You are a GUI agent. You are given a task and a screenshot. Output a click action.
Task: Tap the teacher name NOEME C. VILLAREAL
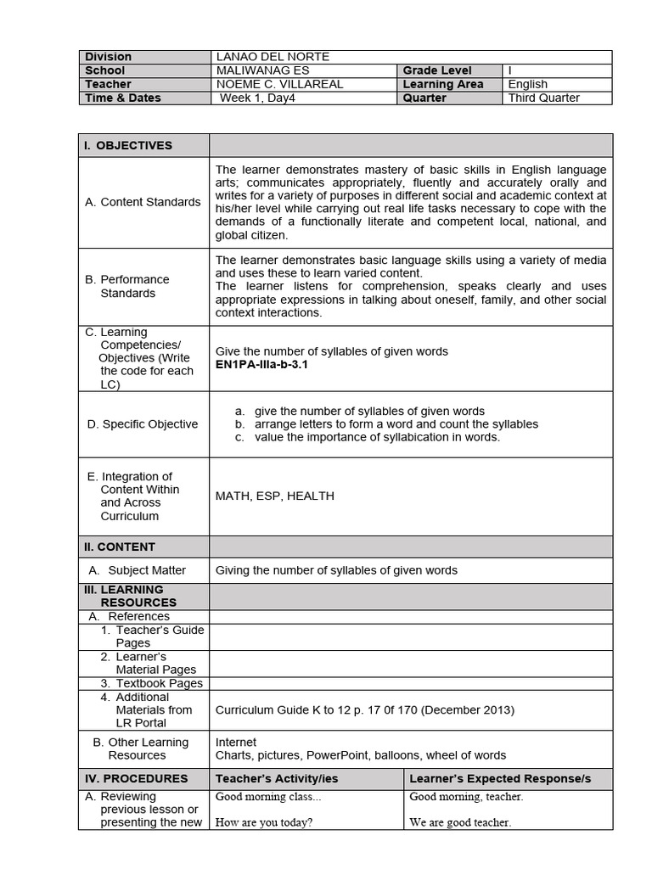[x=276, y=84]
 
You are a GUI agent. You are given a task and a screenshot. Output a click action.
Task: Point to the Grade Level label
[x=437, y=70]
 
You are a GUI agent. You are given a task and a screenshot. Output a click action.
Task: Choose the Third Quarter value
[x=543, y=98]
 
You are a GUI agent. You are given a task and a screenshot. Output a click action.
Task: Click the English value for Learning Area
[x=527, y=84]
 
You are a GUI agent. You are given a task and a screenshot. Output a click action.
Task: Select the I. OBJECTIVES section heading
[x=128, y=145]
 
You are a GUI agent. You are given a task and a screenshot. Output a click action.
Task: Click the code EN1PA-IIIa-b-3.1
[x=261, y=365]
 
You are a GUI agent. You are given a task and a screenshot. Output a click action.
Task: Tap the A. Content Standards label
[x=143, y=202]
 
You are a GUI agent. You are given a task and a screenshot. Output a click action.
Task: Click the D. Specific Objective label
[x=143, y=424]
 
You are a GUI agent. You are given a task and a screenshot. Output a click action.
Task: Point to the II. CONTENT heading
[x=120, y=547]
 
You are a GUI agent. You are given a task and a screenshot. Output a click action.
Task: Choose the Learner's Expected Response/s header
[x=500, y=778]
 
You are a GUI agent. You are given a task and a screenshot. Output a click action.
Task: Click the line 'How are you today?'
[x=264, y=822]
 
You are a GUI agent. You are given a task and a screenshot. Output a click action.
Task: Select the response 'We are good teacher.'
[x=460, y=822]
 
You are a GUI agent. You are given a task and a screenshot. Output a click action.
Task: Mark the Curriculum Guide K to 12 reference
[x=365, y=709]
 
